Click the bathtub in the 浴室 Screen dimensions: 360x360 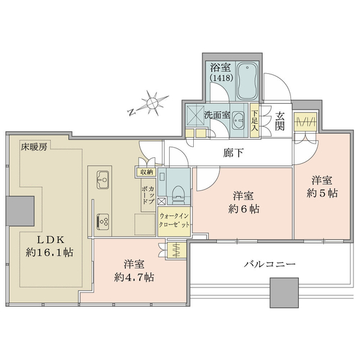point(247,80)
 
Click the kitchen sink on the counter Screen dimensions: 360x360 point(103,180)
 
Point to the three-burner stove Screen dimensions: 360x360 point(103,221)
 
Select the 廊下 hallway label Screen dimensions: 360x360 point(233,152)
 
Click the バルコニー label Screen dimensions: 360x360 point(270,264)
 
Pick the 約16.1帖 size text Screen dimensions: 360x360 point(50,253)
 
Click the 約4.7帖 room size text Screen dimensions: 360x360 point(134,278)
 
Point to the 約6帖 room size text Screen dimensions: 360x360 point(244,209)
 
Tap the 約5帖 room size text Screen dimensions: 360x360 point(322,193)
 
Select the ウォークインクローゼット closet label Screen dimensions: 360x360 point(174,220)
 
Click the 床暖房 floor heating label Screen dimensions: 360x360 point(34,147)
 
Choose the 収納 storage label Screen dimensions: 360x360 point(147,172)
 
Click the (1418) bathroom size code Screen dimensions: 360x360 point(221,78)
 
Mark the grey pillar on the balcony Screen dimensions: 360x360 point(284,293)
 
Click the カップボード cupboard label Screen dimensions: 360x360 point(148,195)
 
